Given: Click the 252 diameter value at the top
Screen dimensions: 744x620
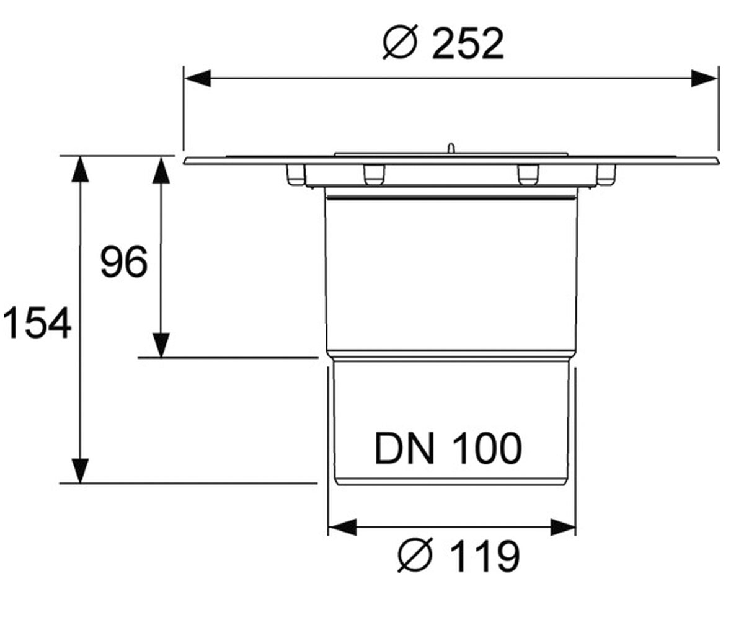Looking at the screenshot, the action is coord(468,44).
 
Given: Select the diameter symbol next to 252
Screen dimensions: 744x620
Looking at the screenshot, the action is coord(399,42).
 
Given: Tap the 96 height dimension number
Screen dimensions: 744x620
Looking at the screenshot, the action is coord(123,262).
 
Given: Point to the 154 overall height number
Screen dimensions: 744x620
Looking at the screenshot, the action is coord(37,323).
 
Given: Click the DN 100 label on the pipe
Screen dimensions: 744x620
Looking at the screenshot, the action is coord(448,448).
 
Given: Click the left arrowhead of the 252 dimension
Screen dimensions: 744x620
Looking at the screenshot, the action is coord(197,78).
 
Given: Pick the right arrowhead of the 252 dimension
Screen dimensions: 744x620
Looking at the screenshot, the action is coord(704,78).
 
